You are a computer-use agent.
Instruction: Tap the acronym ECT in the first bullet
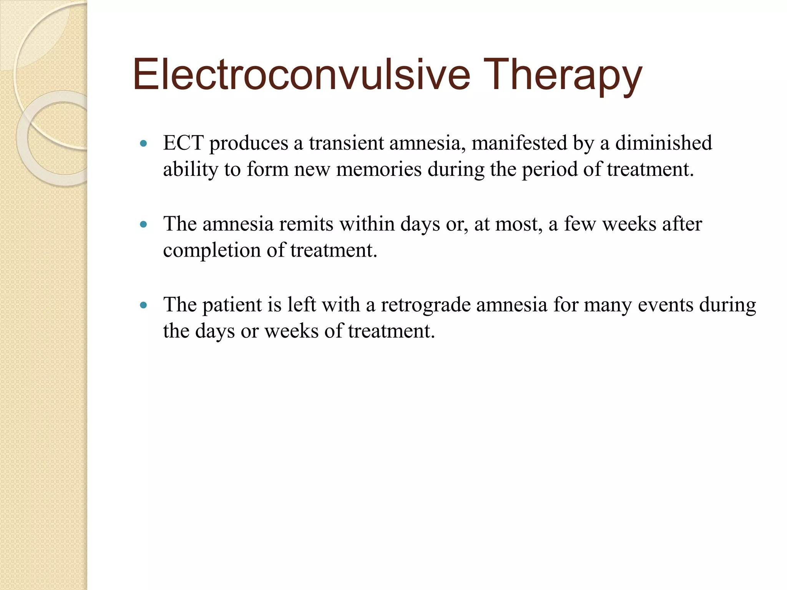pyautogui.click(x=183, y=143)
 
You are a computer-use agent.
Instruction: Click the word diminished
pyautogui.click(x=664, y=143)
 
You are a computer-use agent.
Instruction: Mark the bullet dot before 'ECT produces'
pyautogui.click(x=144, y=144)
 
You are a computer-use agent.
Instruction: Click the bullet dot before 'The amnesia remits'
pyautogui.click(x=144, y=225)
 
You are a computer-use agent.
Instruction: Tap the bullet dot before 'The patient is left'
pyautogui.click(x=144, y=306)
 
